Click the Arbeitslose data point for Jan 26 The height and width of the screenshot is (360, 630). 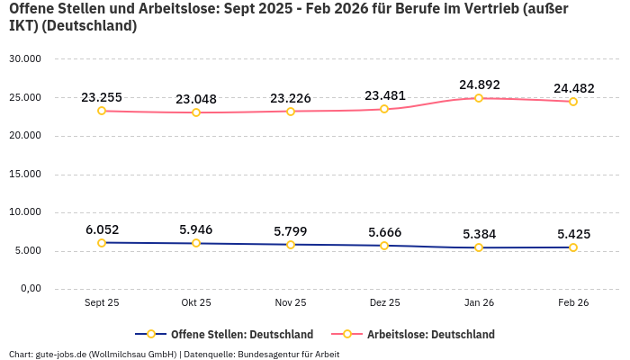[479, 98]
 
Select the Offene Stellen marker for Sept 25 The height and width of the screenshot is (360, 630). [102, 243]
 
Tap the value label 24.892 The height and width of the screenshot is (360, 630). [479, 85]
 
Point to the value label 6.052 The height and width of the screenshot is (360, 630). [102, 229]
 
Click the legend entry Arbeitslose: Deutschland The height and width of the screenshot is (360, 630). [430, 334]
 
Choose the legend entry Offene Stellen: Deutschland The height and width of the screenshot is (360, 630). [241, 334]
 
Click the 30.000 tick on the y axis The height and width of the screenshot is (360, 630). [24, 58]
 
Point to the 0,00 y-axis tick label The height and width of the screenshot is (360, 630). [29, 289]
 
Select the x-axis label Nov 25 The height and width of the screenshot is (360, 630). [290, 303]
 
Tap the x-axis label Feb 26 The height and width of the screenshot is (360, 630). [572, 303]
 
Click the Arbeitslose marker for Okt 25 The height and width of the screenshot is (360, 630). [196, 112]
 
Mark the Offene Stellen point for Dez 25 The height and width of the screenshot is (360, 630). [384, 246]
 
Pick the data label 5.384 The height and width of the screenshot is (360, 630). [479, 234]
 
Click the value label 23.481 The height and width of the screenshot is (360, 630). [384, 95]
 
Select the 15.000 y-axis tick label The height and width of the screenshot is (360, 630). [24, 174]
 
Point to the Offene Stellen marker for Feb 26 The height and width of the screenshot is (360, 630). [572, 247]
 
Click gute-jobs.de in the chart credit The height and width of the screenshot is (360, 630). [60, 354]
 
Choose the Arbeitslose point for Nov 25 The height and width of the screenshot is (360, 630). [290, 112]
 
